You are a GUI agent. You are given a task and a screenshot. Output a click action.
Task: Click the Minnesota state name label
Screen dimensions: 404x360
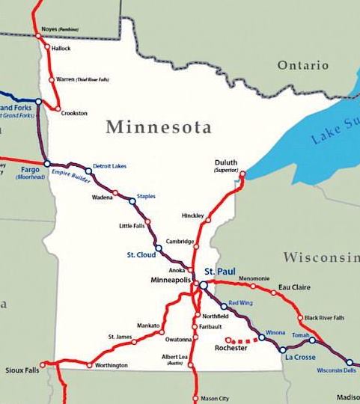(158, 126)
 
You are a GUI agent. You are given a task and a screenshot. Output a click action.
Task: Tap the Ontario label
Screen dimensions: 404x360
(303, 66)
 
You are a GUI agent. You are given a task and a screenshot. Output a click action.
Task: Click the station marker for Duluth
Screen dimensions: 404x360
(242, 174)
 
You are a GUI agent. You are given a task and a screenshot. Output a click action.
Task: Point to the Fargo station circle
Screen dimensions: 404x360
(46, 163)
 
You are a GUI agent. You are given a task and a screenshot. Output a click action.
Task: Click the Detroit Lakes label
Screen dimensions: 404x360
(109, 165)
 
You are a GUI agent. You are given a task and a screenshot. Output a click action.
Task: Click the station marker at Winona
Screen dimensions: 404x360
(261, 338)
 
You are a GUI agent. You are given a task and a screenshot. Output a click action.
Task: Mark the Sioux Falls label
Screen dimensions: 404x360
(20, 370)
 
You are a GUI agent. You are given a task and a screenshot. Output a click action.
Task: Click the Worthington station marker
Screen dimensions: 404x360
(89, 365)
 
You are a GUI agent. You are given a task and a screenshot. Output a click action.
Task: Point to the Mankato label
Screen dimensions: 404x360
(147, 325)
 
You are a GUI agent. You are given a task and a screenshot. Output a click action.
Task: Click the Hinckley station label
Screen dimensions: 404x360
(192, 215)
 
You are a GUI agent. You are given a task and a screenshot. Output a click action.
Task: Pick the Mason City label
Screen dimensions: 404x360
(214, 399)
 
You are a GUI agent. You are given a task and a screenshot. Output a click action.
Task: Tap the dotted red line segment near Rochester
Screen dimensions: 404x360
(248, 340)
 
